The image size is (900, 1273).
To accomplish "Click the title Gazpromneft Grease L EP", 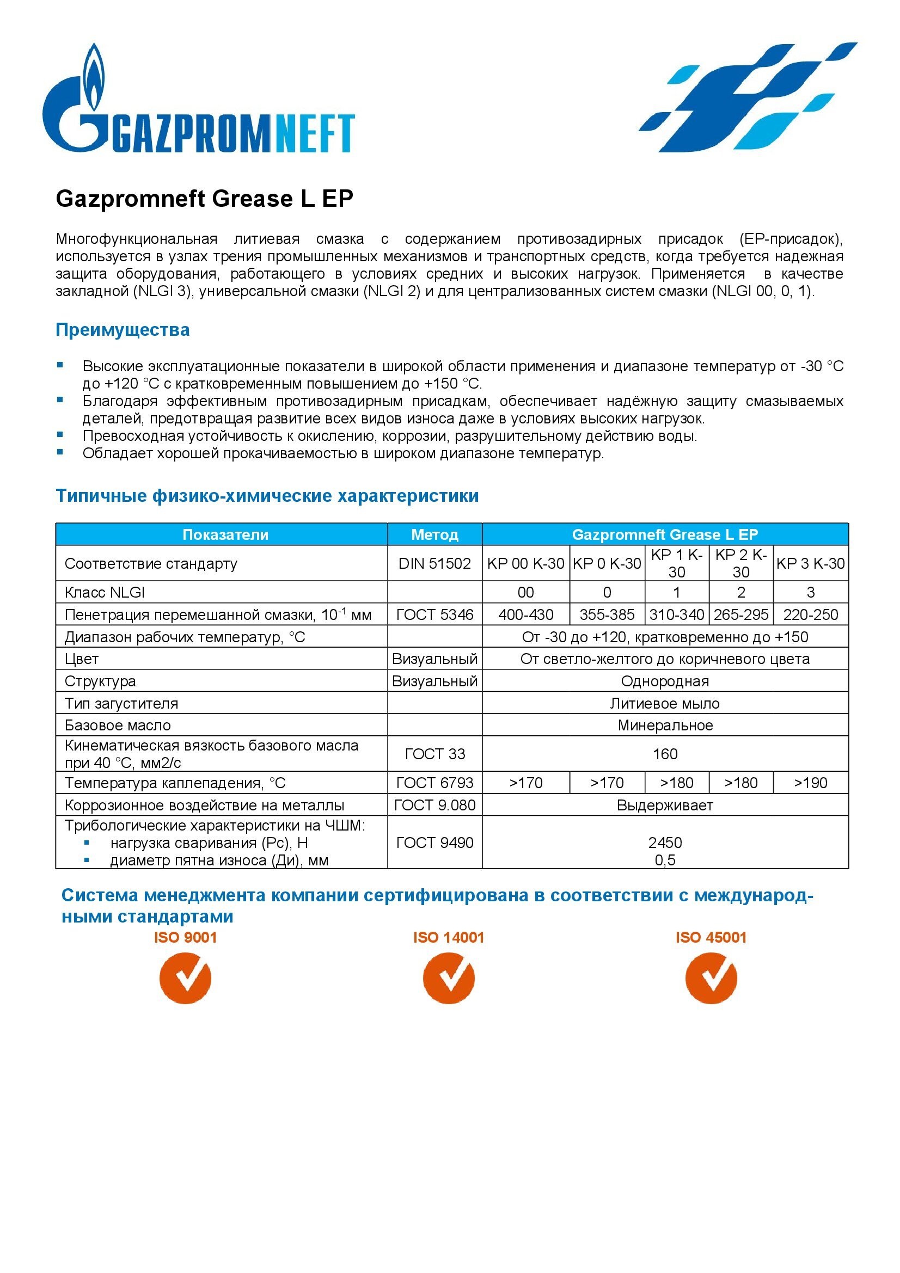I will (204, 199).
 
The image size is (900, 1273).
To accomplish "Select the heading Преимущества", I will (122, 330).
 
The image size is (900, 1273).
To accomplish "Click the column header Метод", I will (434, 534).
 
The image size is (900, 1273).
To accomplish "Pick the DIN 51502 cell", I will (434, 563).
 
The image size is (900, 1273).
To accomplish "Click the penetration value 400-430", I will (525, 614).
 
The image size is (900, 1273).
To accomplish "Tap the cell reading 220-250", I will (810, 614).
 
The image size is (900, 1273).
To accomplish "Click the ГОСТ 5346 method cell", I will (434, 614).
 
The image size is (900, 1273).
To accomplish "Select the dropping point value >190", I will (810, 783).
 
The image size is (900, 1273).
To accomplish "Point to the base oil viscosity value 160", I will (664, 754).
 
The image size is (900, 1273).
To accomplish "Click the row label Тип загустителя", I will (121, 704).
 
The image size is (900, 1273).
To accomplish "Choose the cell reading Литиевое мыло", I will (664, 704).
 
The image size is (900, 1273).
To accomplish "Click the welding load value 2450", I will (664, 842).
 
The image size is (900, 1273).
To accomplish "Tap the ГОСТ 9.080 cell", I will (434, 805).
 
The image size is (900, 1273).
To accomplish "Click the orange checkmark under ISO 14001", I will (448, 978).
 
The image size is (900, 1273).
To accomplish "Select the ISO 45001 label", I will (711, 938).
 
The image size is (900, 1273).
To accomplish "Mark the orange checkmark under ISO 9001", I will (185, 978).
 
